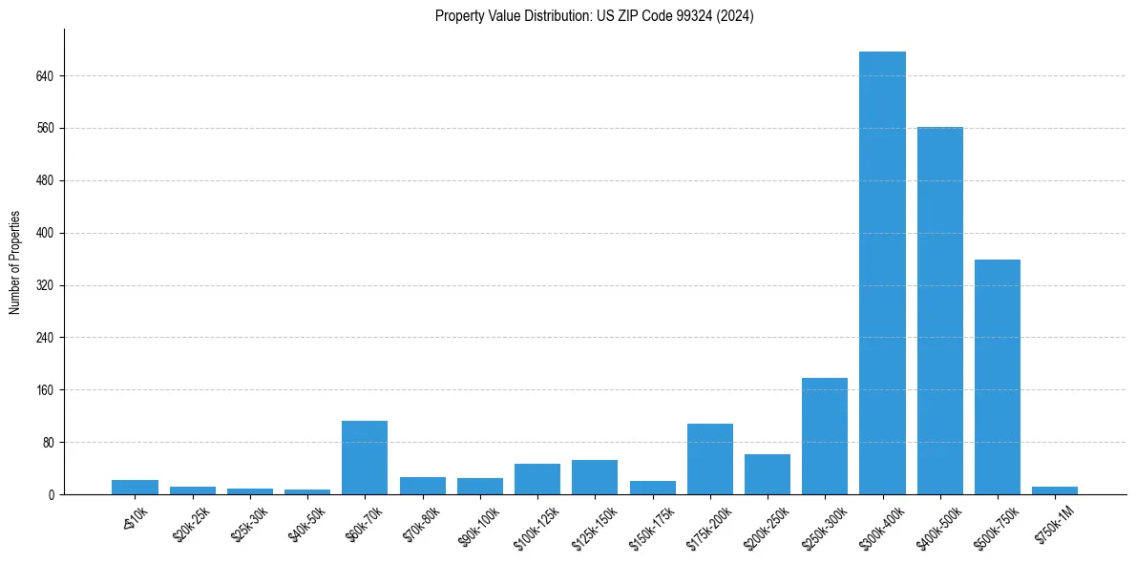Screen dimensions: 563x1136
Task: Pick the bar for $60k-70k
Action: [365, 458]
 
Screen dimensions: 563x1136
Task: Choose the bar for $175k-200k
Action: [710, 459]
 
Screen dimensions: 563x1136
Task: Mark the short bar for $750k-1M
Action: [1055, 490]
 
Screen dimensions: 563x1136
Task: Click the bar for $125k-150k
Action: [595, 477]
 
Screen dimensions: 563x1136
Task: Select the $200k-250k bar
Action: [768, 474]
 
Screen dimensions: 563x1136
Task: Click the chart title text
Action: [594, 16]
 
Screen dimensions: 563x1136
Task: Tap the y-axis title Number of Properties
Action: [15, 262]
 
